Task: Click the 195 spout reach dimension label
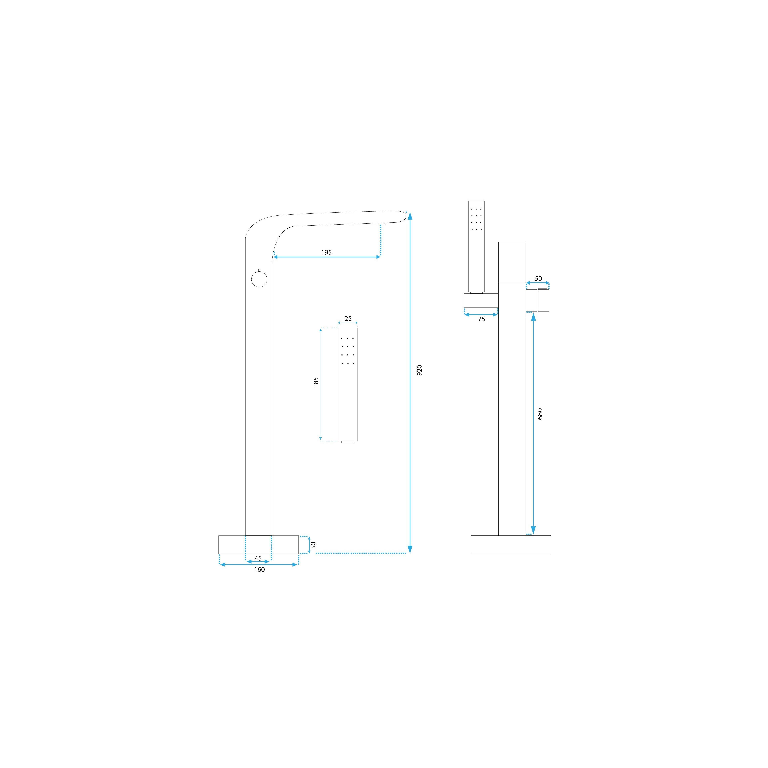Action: [x=326, y=252]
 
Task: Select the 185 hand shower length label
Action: [x=316, y=382]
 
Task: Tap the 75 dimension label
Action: [x=481, y=319]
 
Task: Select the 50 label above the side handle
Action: [x=538, y=278]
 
